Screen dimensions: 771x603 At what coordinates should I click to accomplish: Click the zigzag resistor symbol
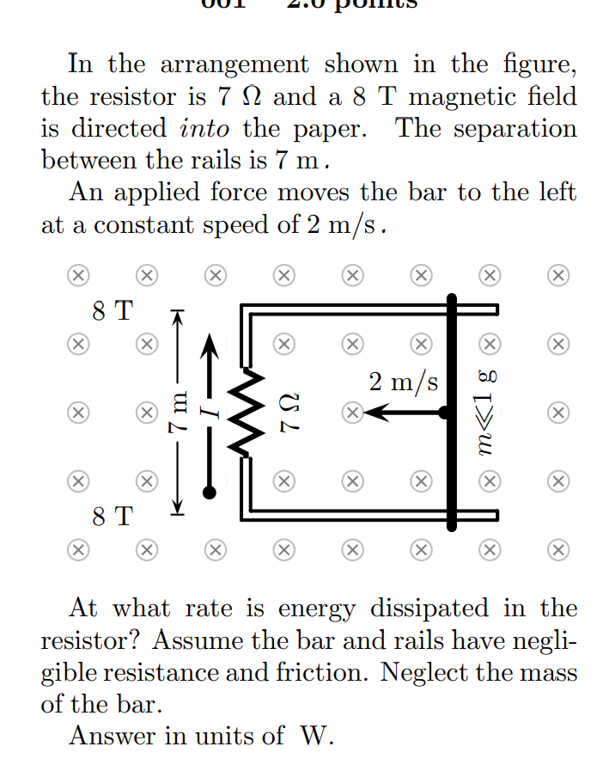tap(249, 413)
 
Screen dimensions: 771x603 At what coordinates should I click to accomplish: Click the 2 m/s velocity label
tap(404, 381)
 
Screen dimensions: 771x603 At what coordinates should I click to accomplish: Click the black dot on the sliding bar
tap(444, 413)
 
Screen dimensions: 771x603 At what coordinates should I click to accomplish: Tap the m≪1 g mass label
tap(487, 413)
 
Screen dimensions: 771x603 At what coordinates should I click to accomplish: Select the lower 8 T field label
tap(113, 517)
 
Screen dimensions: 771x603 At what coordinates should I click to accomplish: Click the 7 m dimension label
tap(177, 413)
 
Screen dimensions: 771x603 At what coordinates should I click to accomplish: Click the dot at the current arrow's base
tap(208, 492)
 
